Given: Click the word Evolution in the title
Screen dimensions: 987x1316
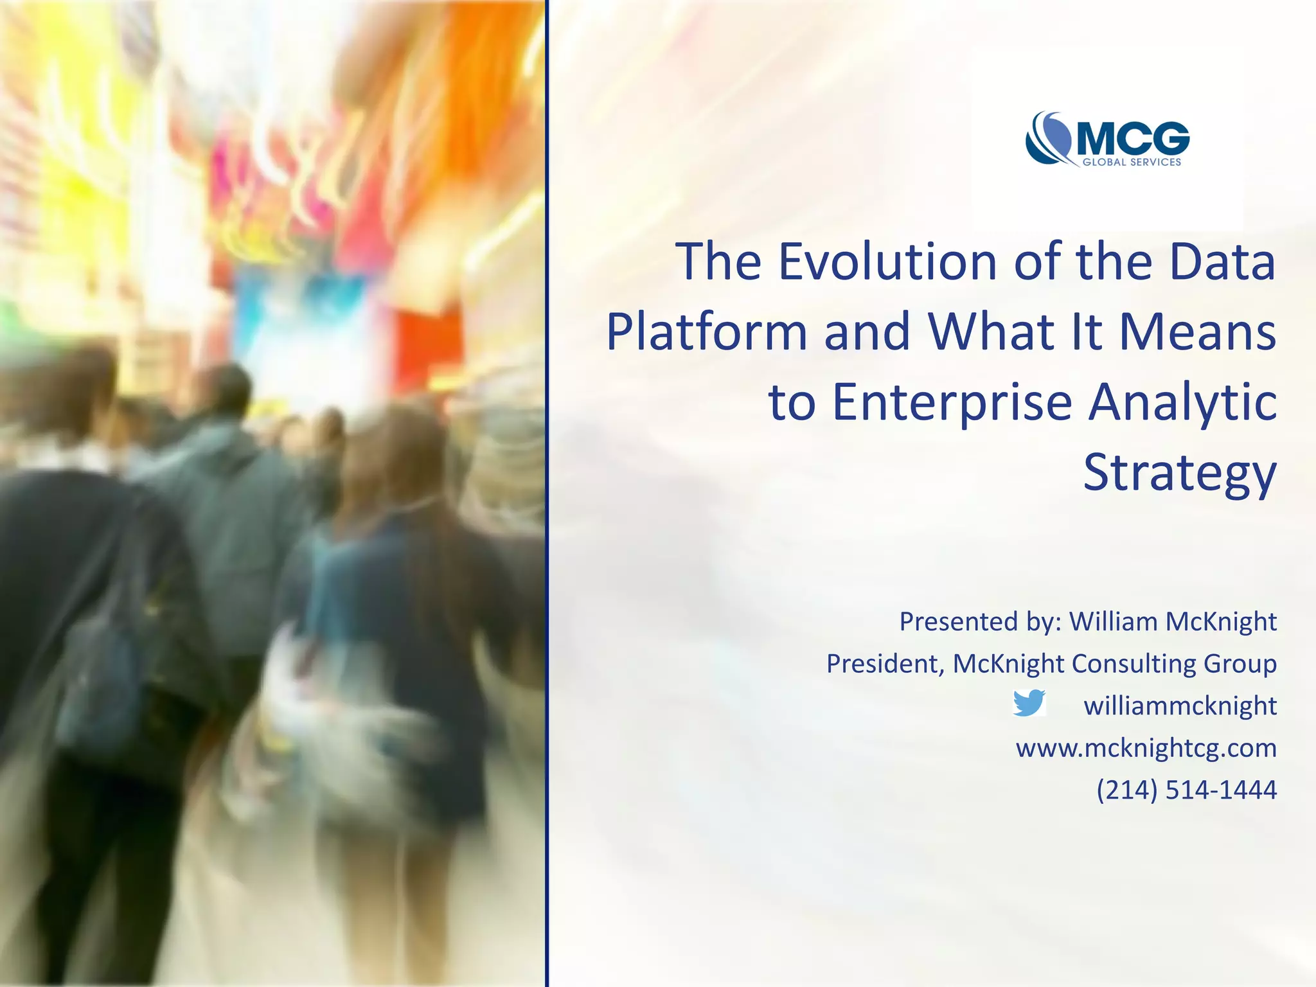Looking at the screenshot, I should click(887, 262).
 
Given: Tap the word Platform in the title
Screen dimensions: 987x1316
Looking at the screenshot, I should click(706, 332).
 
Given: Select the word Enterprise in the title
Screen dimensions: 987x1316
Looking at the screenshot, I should click(952, 403).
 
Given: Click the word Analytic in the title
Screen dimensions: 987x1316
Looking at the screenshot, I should click(1182, 403).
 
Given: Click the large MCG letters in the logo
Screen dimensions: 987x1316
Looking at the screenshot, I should click(1132, 139).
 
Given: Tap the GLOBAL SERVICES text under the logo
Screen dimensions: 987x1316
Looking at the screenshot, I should click(1132, 163).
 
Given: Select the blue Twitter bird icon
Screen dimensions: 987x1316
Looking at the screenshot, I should click(1028, 703).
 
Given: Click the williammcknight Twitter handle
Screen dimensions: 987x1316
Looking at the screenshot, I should click(1180, 706).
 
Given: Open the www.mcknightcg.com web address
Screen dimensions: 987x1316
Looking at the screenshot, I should click(1146, 748).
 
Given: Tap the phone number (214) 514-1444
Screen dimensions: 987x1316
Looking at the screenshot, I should click(1186, 790).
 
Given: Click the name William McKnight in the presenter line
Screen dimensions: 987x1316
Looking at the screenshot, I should click(1173, 621).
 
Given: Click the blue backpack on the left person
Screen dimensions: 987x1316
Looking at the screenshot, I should click(103, 681).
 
